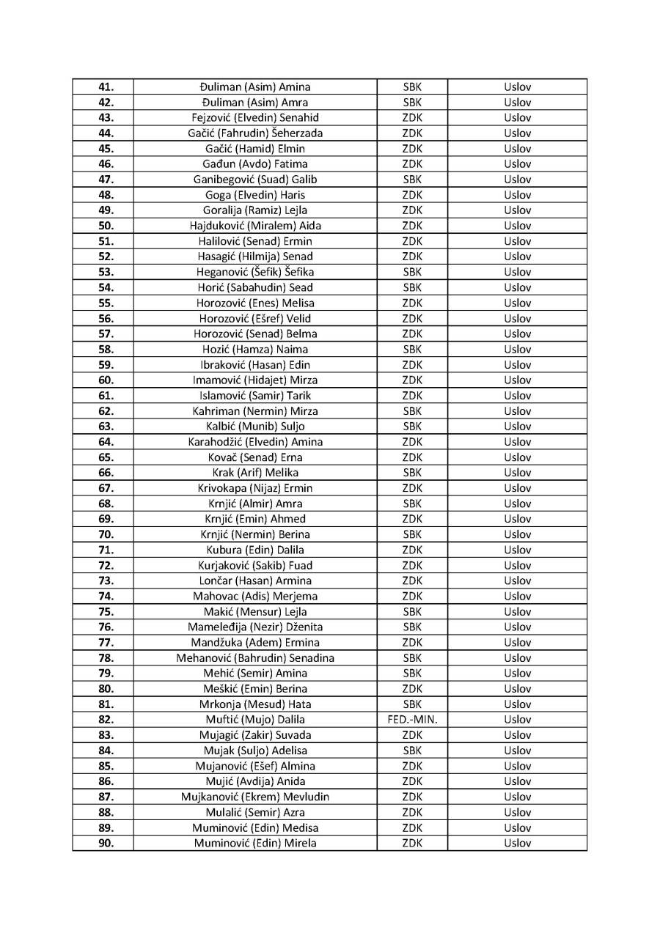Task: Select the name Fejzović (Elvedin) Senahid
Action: pos(255,118)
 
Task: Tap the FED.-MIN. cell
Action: pos(412,720)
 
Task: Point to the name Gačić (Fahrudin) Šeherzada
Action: pos(255,133)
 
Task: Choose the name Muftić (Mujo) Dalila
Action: pos(255,720)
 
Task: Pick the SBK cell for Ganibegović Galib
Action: pos(412,180)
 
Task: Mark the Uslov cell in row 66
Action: pos(517,473)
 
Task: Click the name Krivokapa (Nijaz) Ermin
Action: pos(255,488)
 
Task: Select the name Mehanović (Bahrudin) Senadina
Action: pos(255,658)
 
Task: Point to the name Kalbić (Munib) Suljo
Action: pos(255,427)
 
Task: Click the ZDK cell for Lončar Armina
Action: pos(412,581)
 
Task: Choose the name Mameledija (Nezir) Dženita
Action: pos(255,627)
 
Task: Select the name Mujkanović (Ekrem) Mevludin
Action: pos(255,797)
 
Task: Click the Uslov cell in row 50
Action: pos(517,226)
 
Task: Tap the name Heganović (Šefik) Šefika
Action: pos(255,272)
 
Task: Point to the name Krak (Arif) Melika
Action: pos(255,473)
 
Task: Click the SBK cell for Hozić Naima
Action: pos(412,350)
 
